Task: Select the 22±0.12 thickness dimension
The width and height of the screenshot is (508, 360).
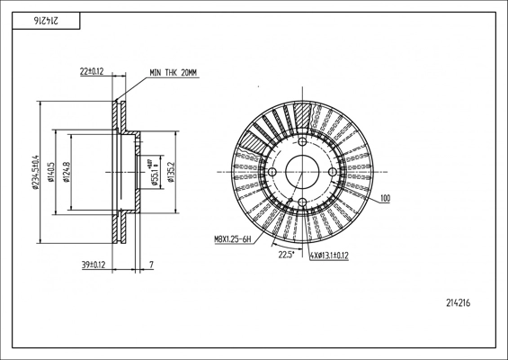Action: click(x=92, y=70)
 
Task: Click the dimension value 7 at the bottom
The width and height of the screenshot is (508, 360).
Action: click(x=151, y=265)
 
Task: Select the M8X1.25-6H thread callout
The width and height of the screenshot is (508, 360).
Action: click(x=233, y=239)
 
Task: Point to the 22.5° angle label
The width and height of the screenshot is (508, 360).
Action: click(x=287, y=255)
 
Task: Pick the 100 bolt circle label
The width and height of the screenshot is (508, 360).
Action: click(x=385, y=197)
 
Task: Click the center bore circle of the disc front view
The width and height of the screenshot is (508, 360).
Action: click(x=302, y=171)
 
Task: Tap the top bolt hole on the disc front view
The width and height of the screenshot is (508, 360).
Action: click(x=302, y=141)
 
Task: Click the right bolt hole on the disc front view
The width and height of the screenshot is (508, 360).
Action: click(x=332, y=171)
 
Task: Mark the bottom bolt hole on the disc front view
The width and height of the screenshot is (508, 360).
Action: click(x=302, y=201)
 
